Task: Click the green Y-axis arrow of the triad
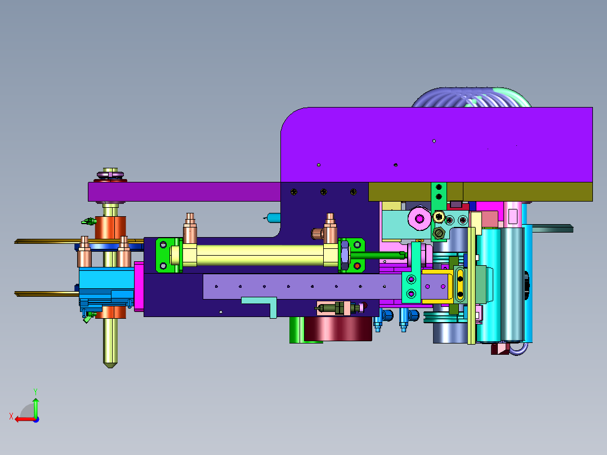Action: coord(35,407)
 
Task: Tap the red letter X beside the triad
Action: coord(11,416)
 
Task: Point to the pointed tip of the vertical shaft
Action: coord(110,367)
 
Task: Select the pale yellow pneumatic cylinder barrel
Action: coord(260,255)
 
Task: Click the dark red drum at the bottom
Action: coord(338,329)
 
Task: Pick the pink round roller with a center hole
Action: coord(419,219)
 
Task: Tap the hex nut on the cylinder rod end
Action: coord(345,255)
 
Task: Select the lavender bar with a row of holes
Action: coord(302,287)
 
